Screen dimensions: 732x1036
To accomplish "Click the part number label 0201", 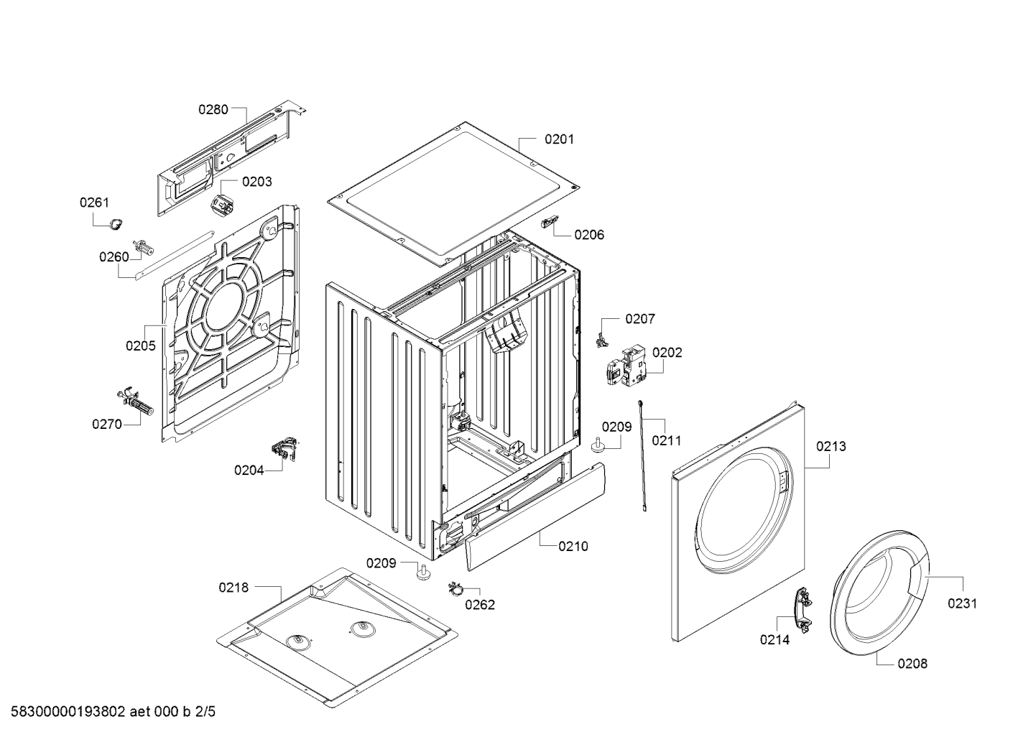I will click(559, 139).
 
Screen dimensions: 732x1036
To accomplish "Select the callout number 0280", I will click(213, 110).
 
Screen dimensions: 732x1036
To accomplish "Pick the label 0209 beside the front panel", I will click(616, 427).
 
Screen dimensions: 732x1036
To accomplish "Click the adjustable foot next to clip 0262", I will click(422, 573).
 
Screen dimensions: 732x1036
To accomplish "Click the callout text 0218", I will click(233, 588).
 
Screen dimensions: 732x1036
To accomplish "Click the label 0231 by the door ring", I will click(962, 603).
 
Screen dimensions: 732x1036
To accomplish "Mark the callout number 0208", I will click(912, 664).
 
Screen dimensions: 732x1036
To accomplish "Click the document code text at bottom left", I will click(108, 712).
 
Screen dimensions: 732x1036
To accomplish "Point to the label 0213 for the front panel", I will click(831, 447).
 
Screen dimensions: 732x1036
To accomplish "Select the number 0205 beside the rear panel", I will click(141, 346).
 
